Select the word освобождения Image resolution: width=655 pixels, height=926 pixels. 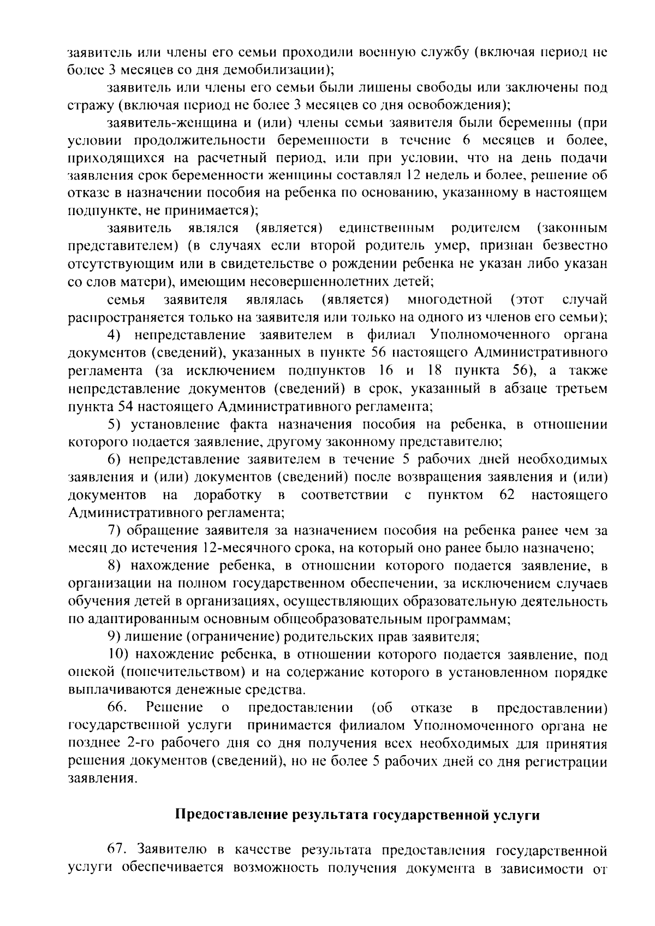[461, 105]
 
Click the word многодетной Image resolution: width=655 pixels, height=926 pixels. [450, 300]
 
